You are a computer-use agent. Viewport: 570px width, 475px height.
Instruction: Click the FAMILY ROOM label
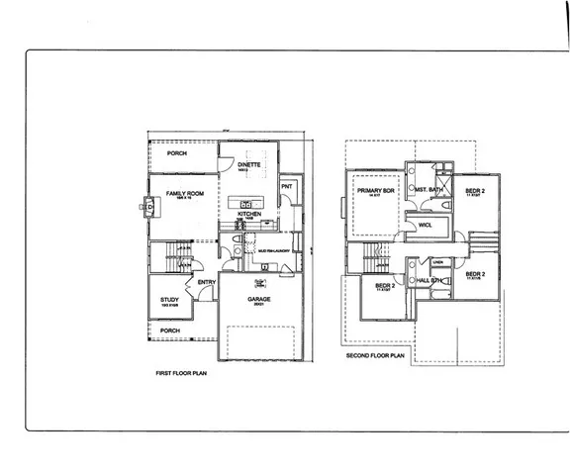pyautogui.click(x=185, y=193)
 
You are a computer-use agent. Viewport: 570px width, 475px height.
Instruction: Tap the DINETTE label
pyautogui.click(x=248, y=164)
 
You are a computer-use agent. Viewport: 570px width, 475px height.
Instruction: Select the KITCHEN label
pyautogui.click(x=248, y=212)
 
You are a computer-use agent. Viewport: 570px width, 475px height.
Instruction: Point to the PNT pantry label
pyautogui.click(x=286, y=186)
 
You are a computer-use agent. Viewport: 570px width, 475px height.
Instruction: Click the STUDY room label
pyautogui.click(x=169, y=301)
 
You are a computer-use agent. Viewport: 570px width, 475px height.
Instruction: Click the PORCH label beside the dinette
pyautogui.click(x=177, y=153)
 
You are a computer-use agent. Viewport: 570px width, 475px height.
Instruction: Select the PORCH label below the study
pyautogui.click(x=169, y=330)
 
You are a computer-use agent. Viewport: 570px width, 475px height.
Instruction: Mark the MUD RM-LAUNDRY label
pyautogui.click(x=272, y=251)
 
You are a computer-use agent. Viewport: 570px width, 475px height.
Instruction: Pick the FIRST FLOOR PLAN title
pyautogui.click(x=183, y=374)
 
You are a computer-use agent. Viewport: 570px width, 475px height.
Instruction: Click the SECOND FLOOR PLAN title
pyautogui.click(x=376, y=354)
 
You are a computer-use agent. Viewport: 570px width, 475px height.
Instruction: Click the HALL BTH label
pyautogui.click(x=428, y=281)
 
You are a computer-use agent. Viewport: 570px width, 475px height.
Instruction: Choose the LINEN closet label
pyautogui.click(x=437, y=261)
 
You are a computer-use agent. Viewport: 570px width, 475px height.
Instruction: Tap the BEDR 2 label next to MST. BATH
pyautogui.click(x=473, y=188)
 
